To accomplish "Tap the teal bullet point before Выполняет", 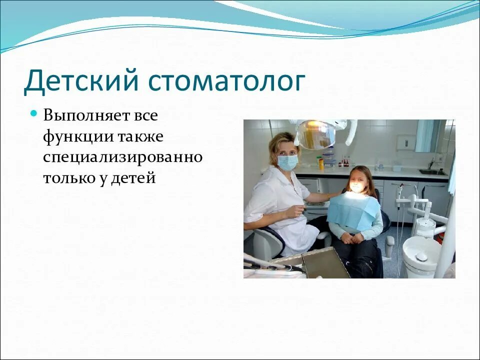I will (34, 113).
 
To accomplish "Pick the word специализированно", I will (122, 157).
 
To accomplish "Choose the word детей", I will (135, 177).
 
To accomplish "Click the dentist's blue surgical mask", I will (287, 162).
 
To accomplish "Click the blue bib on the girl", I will (353, 211).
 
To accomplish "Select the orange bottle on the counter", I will (320, 162).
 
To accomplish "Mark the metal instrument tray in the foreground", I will (325, 263).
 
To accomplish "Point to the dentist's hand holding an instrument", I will (298, 210).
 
